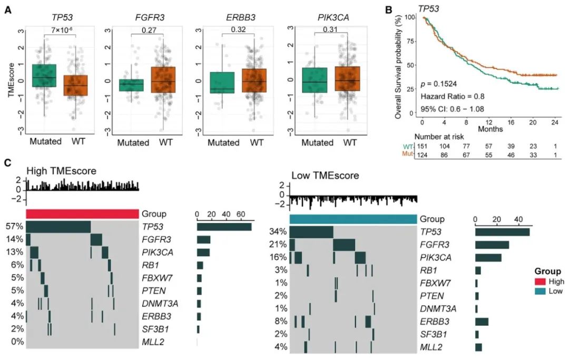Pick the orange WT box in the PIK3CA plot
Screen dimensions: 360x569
point(347,79)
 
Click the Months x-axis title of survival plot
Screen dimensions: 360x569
point(490,128)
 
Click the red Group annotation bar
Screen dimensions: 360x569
point(82,214)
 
